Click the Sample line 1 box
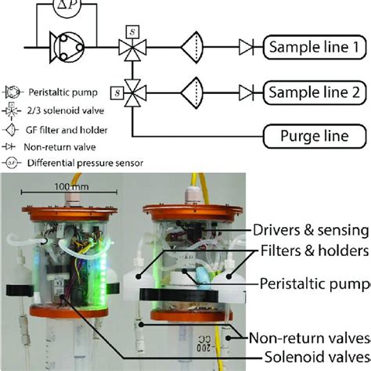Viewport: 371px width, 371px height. point(317,48)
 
